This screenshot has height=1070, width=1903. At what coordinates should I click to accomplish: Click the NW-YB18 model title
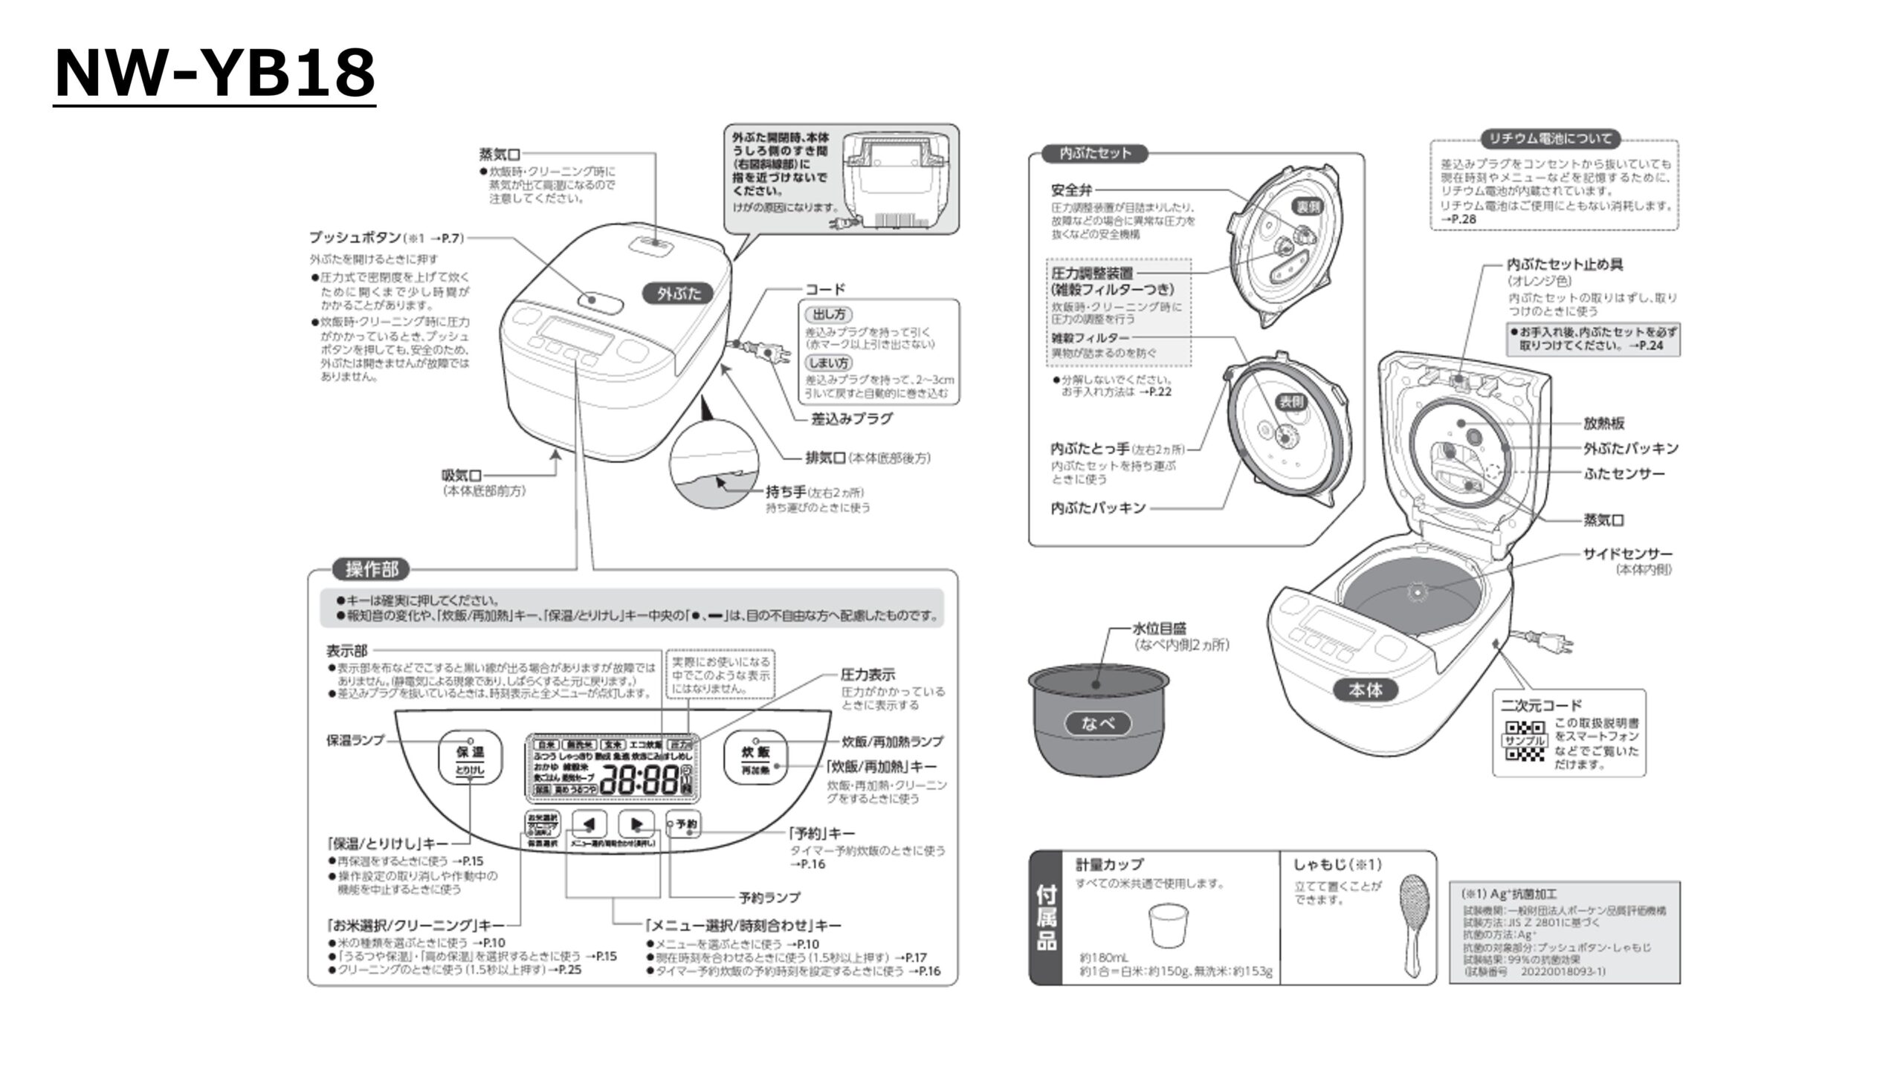click(x=215, y=73)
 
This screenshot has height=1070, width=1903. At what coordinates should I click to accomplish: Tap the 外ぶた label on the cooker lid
click(x=679, y=294)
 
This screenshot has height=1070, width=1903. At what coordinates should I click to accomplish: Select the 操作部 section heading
click(x=372, y=570)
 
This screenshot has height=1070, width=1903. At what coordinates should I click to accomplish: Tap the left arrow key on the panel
click(x=589, y=824)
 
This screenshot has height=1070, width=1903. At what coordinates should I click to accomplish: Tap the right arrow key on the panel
click(x=636, y=824)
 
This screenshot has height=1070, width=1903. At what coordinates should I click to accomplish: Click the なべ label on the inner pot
click(x=1098, y=723)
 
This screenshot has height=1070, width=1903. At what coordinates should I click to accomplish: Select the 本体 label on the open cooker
click(x=1366, y=690)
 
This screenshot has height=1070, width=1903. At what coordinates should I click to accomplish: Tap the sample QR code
click(x=1524, y=741)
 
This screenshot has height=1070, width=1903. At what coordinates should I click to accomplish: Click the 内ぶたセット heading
click(x=1095, y=153)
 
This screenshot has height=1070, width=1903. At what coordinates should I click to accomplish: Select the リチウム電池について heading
click(x=1554, y=139)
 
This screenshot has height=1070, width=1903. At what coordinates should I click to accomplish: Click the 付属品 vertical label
click(x=1046, y=918)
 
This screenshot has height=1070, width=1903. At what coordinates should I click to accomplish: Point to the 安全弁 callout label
click(x=1071, y=190)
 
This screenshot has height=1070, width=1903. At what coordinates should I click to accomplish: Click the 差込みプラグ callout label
click(x=852, y=418)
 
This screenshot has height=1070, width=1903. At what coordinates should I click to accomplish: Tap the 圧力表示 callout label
click(x=868, y=675)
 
